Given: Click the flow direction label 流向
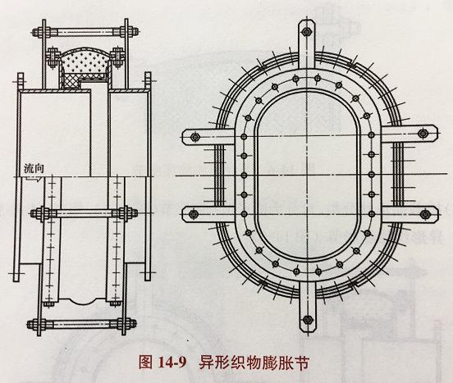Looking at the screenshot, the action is [x=34, y=168].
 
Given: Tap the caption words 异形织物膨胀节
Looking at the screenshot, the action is [x=254, y=362].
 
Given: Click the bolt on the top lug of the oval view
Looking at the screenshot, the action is [x=307, y=31].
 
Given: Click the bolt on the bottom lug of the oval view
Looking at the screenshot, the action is [x=308, y=320].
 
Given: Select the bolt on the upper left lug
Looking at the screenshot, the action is [x=195, y=136].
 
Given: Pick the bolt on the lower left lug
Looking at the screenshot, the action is [x=193, y=214].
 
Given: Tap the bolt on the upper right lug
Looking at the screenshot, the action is [x=423, y=134].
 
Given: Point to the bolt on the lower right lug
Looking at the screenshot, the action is [x=424, y=214].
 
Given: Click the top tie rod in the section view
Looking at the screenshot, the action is [x=85, y=32].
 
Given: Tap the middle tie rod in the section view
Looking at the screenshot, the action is [x=84, y=213].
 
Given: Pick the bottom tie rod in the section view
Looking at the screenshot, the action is [x=81, y=324].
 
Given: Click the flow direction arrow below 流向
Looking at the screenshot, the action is [x=32, y=179].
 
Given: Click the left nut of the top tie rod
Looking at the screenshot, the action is [x=37, y=32].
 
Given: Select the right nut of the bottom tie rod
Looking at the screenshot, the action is [x=130, y=324].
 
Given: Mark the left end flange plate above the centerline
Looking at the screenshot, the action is [x=20, y=124].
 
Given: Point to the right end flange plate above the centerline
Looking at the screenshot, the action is [x=148, y=124].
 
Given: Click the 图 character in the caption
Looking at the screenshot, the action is [x=145, y=362].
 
